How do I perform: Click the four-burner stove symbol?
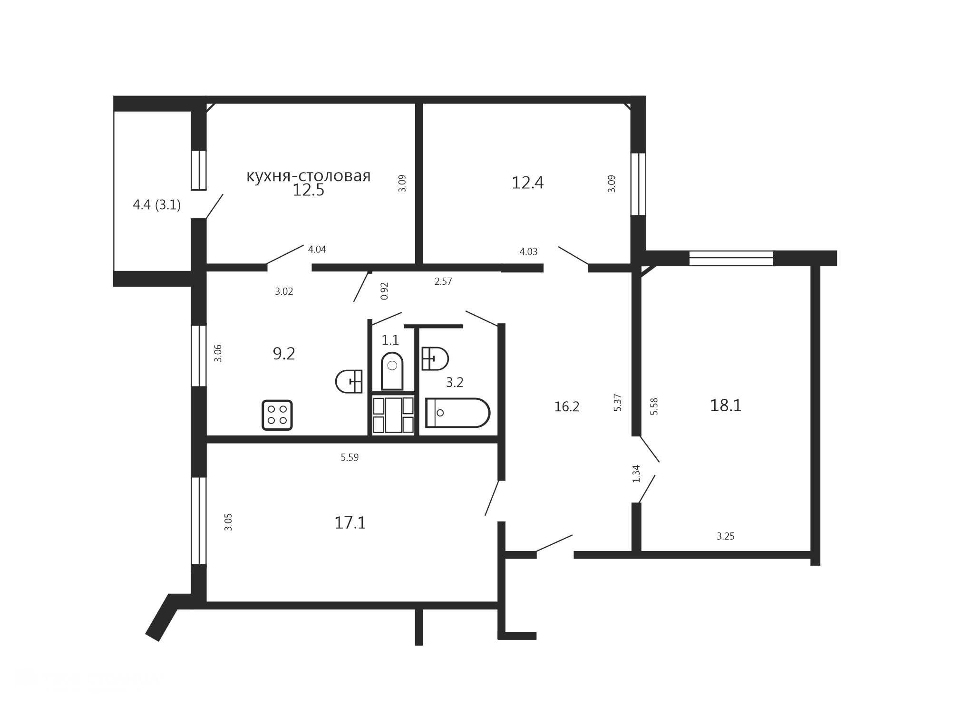pos(277,415)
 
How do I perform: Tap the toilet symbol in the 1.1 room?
pos(392,371)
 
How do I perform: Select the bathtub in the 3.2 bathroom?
pos(457,413)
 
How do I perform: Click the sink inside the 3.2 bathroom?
pos(435,358)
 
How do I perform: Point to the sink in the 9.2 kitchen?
pos(349,381)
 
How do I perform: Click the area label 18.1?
pos(726,406)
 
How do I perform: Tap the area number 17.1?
pos(350,523)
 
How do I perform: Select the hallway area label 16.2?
pos(567,406)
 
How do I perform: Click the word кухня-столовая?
pos(309,176)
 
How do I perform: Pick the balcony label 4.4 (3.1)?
pos(156,205)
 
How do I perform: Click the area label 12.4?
pos(527,183)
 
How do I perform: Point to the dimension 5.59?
pos(350,457)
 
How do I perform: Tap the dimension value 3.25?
pos(726,536)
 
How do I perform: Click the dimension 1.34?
pos(637,473)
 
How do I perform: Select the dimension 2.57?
pos(443,281)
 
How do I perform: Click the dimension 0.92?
pos(385,291)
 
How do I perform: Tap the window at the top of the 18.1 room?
pos(731,258)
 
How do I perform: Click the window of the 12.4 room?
pos(638,184)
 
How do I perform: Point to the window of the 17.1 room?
pos(199,521)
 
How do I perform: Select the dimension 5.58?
pos(654,406)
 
